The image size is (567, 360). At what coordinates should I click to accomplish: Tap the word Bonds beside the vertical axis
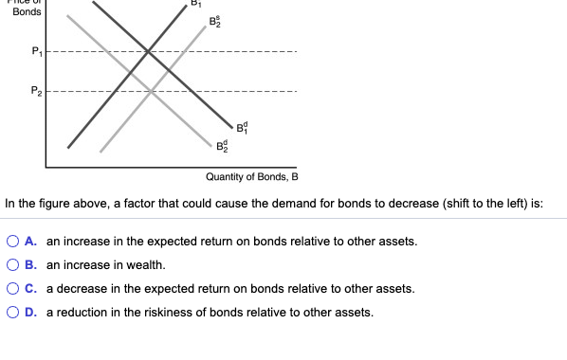[x=27, y=13]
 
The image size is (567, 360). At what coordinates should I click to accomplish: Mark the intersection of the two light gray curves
[x=153, y=91]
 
